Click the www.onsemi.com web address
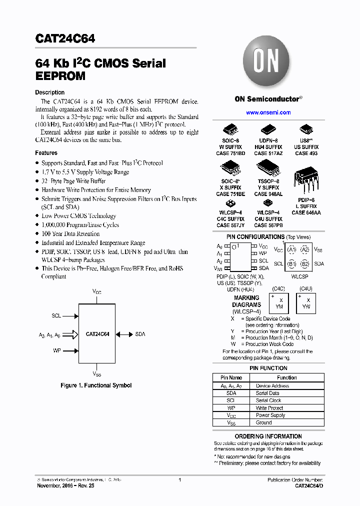tap(268, 112)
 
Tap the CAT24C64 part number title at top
tap(65, 39)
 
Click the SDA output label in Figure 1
tap(140, 333)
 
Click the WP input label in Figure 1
tap(57, 350)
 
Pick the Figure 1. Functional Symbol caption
tap(96, 385)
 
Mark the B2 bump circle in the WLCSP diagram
tap(305, 263)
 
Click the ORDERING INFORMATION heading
tap(268, 436)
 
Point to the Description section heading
tap(49, 92)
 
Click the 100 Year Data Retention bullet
tap(70, 233)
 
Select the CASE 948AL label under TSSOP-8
tap(268, 194)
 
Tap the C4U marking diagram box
tap(306, 303)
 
